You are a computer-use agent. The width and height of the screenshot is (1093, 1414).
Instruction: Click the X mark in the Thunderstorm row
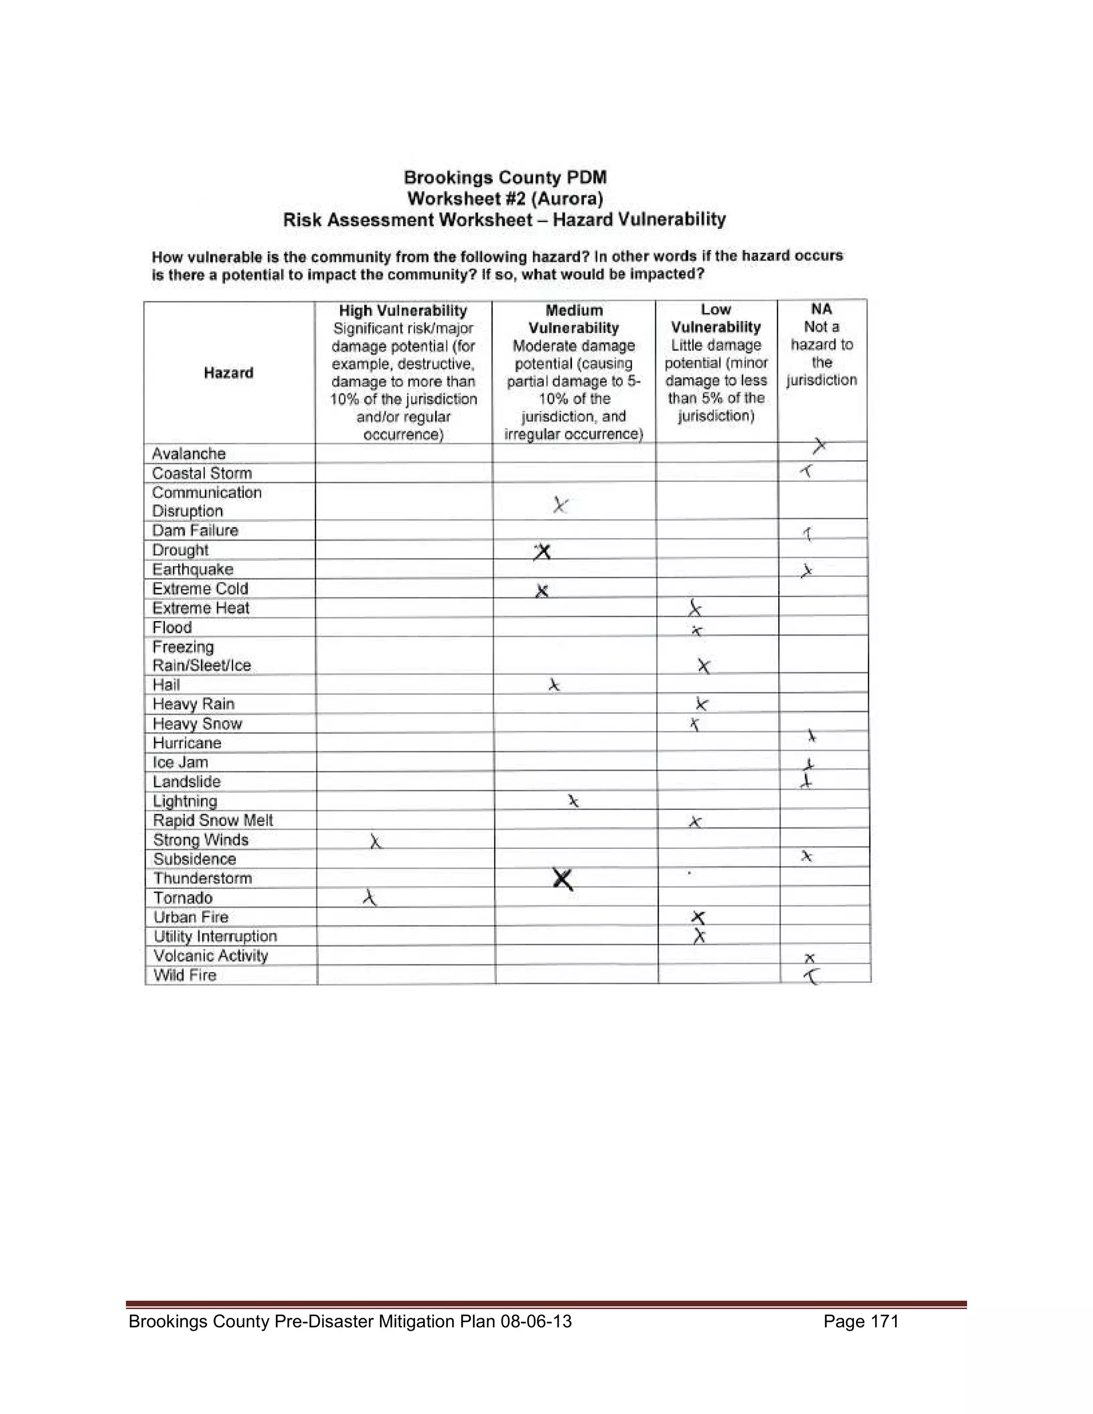pos(563,879)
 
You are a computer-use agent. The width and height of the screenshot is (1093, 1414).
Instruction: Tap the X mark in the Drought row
pos(543,552)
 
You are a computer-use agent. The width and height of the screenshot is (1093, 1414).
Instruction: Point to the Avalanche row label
pos(188,453)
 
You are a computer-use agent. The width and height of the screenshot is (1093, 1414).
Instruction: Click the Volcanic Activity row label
pos(210,956)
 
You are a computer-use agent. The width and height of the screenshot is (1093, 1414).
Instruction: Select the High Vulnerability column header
pos(403,311)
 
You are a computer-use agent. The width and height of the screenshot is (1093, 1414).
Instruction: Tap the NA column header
pos(821,309)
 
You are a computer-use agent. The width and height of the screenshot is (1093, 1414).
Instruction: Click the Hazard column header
pos(228,373)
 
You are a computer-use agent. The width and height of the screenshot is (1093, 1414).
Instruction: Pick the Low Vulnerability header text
pos(716,319)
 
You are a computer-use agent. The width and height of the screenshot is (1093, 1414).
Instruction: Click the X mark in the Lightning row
pos(573,801)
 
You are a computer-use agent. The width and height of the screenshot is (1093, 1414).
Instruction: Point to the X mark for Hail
pos(553,685)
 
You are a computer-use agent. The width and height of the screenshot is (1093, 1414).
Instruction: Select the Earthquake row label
pos(192,570)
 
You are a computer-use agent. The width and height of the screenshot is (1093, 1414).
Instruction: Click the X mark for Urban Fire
pos(698,917)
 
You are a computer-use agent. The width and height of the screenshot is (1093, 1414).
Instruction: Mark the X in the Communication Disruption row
pos(560,505)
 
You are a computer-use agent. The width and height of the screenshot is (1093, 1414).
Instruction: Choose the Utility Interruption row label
pos(215,936)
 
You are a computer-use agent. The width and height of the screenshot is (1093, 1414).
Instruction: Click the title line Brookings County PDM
pos(505,177)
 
